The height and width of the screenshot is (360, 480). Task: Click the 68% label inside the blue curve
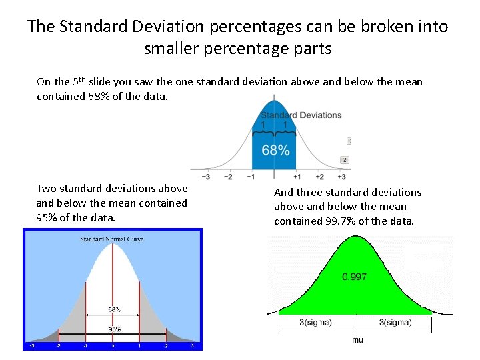(275, 149)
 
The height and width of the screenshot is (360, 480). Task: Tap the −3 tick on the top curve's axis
(206, 177)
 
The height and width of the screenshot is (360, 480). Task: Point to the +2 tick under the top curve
(319, 177)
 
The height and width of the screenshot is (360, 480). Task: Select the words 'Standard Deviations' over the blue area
(301, 115)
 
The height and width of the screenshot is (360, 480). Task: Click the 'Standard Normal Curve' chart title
(111, 239)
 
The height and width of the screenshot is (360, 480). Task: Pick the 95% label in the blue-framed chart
(115, 329)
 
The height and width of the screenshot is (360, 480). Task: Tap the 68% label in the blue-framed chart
(115, 309)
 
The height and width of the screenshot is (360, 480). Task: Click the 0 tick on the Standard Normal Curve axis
(113, 346)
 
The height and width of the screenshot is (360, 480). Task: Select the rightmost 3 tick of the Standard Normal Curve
(193, 346)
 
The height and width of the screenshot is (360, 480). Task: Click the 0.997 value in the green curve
(354, 277)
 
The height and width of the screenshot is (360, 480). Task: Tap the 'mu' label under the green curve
(358, 339)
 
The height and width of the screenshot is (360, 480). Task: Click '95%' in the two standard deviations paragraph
(46, 218)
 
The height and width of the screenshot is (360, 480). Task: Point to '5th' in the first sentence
(79, 81)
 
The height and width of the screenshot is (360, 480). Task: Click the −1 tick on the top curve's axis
(251, 177)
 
